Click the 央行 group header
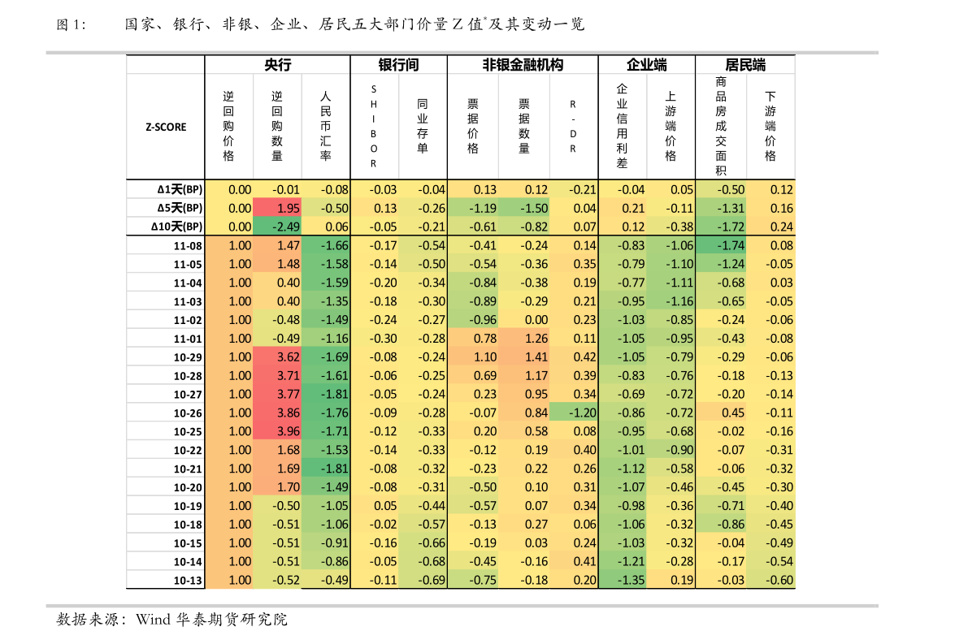click(x=278, y=65)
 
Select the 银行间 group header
click(x=399, y=65)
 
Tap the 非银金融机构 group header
click(x=523, y=65)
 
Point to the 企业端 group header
click(x=647, y=65)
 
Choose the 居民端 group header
click(x=745, y=65)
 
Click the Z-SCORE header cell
click(x=166, y=127)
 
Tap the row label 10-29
click(x=188, y=357)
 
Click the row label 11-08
click(x=188, y=245)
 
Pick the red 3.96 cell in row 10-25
click(x=278, y=431)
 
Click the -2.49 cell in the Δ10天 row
click(x=278, y=227)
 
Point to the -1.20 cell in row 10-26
click(x=574, y=413)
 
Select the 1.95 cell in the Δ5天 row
click(x=278, y=208)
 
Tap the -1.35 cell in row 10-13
click(x=623, y=580)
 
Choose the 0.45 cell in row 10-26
click(x=721, y=413)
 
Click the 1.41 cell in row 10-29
click(x=524, y=357)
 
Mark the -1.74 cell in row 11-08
click(x=721, y=245)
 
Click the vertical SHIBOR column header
click(x=374, y=127)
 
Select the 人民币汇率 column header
click(x=326, y=126)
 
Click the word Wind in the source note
click(x=153, y=620)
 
